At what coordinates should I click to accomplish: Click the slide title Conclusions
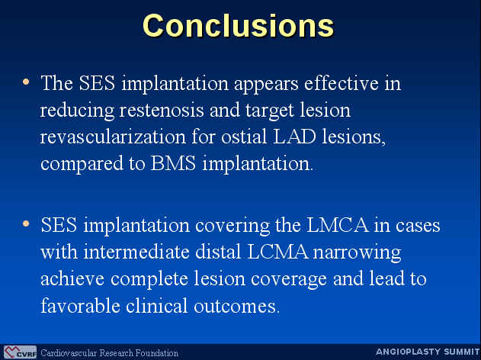click(x=239, y=26)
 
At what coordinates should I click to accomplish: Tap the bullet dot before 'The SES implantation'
click(x=26, y=82)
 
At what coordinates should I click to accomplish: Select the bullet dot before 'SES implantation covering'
click(x=26, y=223)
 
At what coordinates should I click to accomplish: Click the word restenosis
click(x=162, y=110)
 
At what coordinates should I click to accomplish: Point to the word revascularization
click(x=113, y=137)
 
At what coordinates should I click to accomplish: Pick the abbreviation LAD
click(x=294, y=136)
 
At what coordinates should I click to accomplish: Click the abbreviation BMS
click(x=173, y=163)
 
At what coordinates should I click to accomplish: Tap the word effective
click(x=341, y=82)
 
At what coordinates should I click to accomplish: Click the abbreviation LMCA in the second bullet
click(x=338, y=225)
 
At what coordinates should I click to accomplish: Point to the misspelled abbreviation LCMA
click(x=277, y=252)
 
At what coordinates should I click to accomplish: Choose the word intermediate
click(x=136, y=252)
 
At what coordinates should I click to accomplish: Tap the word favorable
click(x=80, y=306)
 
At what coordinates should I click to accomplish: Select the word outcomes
click(x=236, y=306)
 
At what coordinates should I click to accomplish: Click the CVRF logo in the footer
click(x=20, y=352)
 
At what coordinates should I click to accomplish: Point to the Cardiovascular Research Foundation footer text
click(x=109, y=352)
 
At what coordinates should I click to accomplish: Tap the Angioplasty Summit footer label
click(x=428, y=352)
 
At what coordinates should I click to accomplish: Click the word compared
click(x=82, y=164)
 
